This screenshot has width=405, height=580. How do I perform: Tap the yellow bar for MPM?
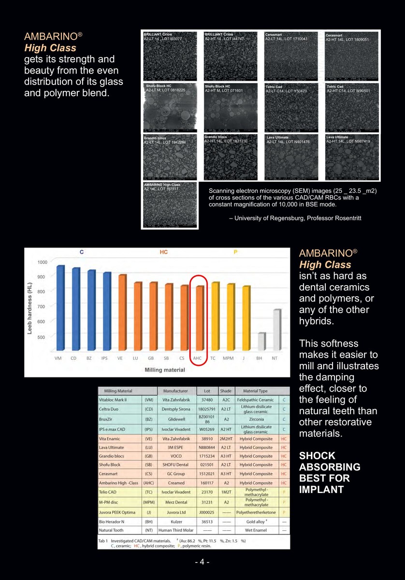tap(231, 317)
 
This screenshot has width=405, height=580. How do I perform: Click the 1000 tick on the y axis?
tap(43, 262)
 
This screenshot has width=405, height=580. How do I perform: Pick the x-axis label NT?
tap(275, 358)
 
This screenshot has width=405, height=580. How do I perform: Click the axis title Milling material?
tap(165, 370)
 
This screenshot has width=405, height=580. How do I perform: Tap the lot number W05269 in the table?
tap(207, 429)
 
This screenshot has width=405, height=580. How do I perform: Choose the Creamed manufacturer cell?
tap(176, 483)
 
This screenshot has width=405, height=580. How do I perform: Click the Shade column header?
tap(226, 391)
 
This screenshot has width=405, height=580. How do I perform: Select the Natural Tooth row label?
tap(111, 530)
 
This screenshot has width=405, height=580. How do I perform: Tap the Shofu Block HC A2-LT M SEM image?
tap(170, 107)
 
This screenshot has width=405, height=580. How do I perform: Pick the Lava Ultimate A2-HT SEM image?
tap(352, 157)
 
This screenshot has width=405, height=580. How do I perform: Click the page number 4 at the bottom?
tap(202, 562)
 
